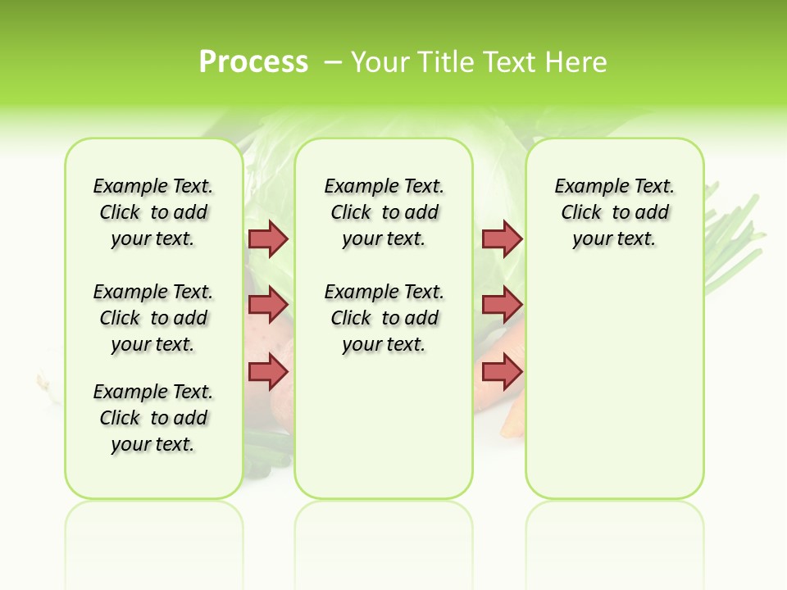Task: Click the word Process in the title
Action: click(x=253, y=61)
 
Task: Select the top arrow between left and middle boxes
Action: click(x=268, y=238)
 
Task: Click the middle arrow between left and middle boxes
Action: click(x=268, y=305)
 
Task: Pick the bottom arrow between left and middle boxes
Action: click(x=268, y=372)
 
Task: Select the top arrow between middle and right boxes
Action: click(x=502, y=238)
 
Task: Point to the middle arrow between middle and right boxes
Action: click(x=502, y=305)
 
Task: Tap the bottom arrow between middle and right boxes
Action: click(x=502, y=372)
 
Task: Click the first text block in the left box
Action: click(x=153, y=212)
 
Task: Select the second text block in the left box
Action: click(x=153, y=318)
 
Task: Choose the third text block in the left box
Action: click(x=153, y=418)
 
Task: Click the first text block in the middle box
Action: click(x=384, y=212)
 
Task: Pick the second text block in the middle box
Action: click(x=384, y=318)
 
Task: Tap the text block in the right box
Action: click(x=615, y=212)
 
